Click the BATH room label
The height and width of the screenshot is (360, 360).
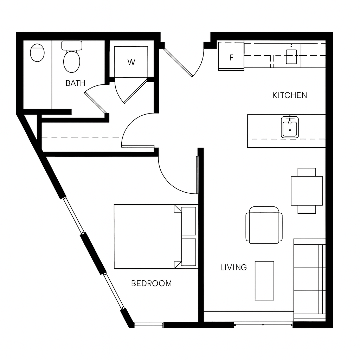76,83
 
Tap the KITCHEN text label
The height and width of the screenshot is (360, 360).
290,95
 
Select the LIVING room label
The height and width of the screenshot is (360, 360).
233,268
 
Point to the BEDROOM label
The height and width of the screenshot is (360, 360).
152,284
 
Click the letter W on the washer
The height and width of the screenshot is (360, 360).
131,62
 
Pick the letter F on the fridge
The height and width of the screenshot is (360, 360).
231,57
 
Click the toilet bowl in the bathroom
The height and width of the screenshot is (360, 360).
72,62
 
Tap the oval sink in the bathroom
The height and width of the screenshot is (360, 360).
37,53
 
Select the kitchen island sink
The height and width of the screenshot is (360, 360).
290,127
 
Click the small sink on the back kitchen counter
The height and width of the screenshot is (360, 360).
291,57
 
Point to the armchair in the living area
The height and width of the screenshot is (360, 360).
264,225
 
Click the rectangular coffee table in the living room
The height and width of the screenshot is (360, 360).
264,281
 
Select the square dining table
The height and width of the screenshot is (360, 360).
307,191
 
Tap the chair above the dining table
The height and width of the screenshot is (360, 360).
307,172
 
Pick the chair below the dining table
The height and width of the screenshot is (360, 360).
307,210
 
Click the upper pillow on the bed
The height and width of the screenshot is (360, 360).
188,221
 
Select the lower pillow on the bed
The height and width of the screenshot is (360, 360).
188,252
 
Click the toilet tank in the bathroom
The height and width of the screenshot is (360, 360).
72,45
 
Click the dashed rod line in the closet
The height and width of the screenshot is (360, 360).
81,137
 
